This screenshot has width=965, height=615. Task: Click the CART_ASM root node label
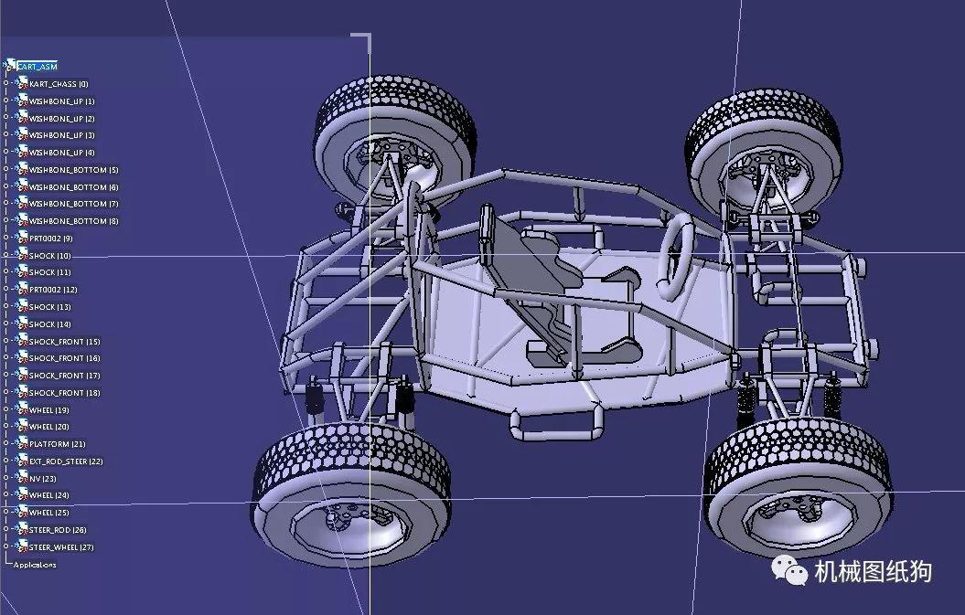38,67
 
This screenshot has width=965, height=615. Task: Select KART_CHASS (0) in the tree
59,84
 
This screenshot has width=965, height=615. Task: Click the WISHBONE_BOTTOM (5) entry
73,170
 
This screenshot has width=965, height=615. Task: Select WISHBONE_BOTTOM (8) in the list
73,221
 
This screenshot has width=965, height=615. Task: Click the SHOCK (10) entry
49,256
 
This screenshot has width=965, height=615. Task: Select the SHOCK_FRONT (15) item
64,342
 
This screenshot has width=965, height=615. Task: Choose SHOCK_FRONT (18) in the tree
64,393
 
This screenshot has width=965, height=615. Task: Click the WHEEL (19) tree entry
49,410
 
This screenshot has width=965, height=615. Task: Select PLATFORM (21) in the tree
57,444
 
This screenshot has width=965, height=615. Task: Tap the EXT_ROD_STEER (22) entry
66,461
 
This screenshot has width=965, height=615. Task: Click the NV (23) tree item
43,479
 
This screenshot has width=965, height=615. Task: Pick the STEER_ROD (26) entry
58,530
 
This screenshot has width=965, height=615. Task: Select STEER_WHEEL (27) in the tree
61,547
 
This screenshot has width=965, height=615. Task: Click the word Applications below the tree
35,565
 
